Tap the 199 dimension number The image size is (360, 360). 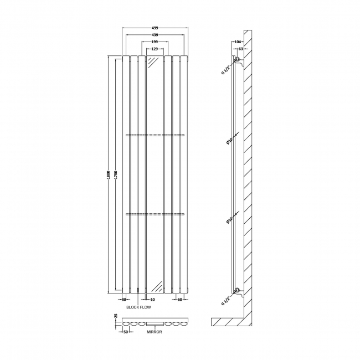click(155, 42)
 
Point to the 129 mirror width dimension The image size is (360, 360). click(155, 50)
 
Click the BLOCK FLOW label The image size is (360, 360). click(138, 306)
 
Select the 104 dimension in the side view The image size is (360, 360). click(238, 42)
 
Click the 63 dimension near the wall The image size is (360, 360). click(241, 49)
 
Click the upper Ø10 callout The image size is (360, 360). click(228, 142)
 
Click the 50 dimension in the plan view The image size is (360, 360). click(126, 331)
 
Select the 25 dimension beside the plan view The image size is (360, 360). click(115, 316)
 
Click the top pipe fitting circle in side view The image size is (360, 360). click(237, 59)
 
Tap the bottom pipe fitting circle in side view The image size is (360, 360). click(237, 290)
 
